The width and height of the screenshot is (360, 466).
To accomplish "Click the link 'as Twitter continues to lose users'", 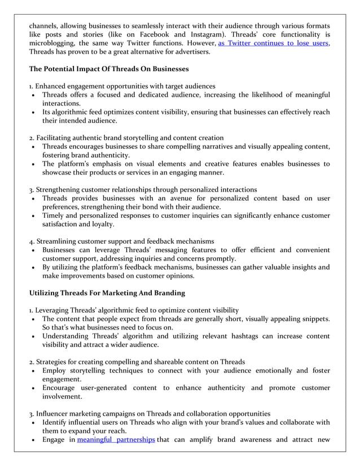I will tap(273, 43).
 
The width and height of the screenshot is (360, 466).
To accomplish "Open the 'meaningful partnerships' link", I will tap(116, 439).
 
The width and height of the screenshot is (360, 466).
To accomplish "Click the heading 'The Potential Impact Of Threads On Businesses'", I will tap(109, 69).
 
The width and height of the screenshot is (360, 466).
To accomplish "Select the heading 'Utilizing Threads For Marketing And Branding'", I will tap(107, 293).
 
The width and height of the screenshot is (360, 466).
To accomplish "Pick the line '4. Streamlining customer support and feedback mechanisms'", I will tap(121, 241).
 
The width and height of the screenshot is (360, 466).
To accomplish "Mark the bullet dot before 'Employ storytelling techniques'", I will tap(34, 371).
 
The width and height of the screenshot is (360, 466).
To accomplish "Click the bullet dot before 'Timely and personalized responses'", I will tap(34, 216).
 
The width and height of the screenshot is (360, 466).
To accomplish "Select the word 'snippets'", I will tap(314, 319).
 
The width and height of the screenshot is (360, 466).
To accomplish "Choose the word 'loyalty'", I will tap(99, 224).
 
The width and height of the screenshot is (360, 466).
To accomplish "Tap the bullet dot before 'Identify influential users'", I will tap(34, 422).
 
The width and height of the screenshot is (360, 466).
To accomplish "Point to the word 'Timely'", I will tap(55, 216).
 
